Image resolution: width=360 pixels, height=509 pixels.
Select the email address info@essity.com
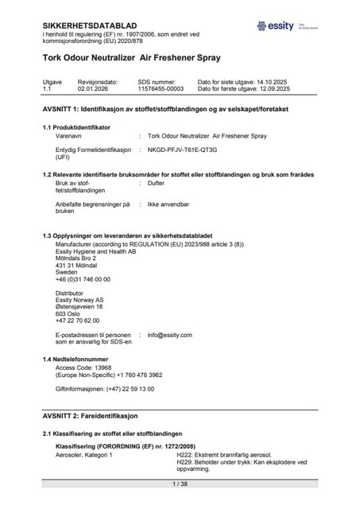pos(170,335)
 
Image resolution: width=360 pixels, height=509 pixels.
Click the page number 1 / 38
pos(180,484)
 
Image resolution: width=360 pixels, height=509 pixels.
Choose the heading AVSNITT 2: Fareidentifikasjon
pos(91,416)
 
